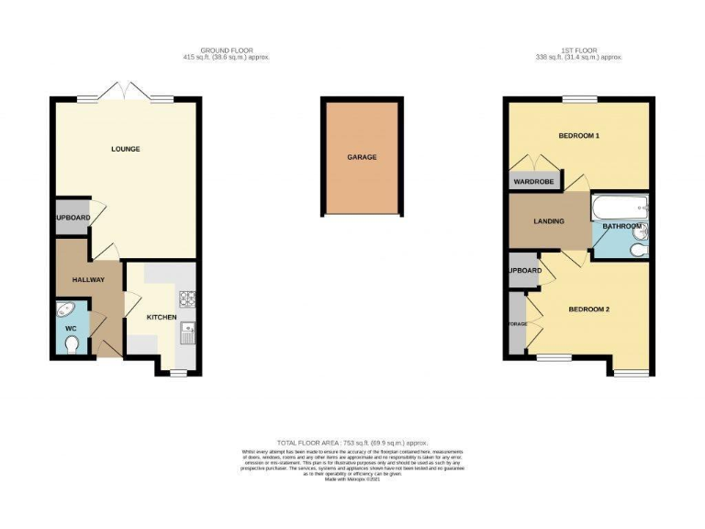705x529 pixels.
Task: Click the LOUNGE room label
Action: tap(126, 149)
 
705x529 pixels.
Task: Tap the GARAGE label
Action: tap(361, 157)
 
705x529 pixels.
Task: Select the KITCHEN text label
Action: tap(162, 317)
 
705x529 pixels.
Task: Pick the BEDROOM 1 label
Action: tap(578, 137)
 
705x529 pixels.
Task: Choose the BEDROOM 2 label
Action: tap(588, 310)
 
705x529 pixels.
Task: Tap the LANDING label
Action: tap(549, 221)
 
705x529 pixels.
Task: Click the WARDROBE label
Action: tap(532, 182)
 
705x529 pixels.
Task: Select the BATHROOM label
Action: tap(621, 226)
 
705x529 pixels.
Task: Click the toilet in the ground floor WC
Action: tap(74, 344)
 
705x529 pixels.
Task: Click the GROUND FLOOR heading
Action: tap(226, 50)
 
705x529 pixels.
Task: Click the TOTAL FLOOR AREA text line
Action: tap(352, 443)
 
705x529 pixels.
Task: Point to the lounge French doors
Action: tap(126, 96)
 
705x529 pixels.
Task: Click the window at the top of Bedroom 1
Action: tap(579, 98)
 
